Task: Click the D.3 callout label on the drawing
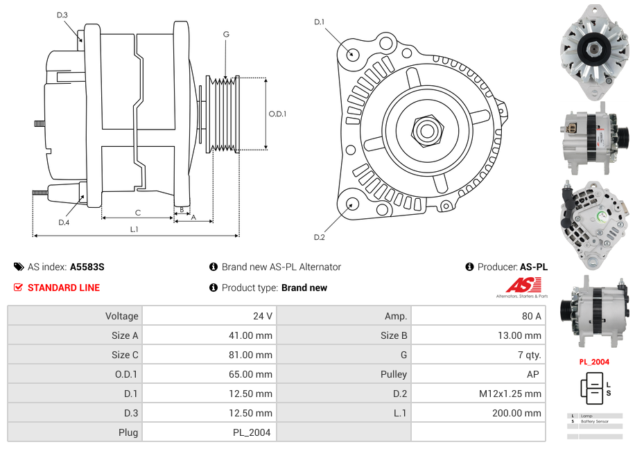[62, 15]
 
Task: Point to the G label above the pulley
[226, 34]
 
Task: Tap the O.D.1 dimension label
[277, 114]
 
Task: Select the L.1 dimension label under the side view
[134, 229]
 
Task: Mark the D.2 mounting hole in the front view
[352, 204]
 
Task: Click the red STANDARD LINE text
[64, 288]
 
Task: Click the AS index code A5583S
[87, 267]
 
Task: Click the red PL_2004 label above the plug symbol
[594, 362]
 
